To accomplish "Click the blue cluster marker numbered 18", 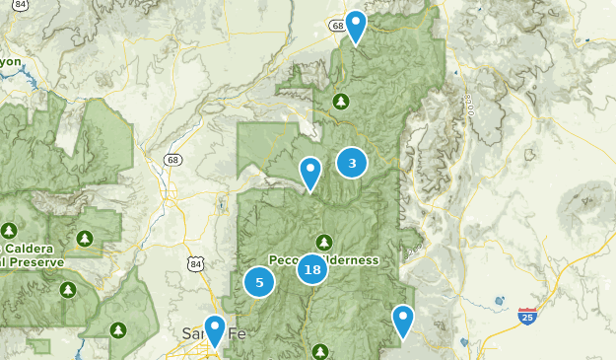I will [312, 268].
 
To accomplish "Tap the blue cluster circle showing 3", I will [352, 163].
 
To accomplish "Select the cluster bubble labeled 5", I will [259, 282].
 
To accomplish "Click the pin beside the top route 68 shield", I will [355, 27].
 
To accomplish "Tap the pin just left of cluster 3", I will [310, 174].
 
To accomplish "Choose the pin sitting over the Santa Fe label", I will [214, 330].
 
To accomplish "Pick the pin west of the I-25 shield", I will [402, 321].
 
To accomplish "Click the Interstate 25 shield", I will [527, 317].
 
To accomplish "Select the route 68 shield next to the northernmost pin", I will [337, 26].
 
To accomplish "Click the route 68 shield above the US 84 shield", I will [173, 160].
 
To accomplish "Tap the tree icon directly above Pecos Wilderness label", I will [323, 242].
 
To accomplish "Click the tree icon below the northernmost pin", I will [341, 101].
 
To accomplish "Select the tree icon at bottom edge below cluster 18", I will [320, 351].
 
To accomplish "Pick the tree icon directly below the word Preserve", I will [68, 289].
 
